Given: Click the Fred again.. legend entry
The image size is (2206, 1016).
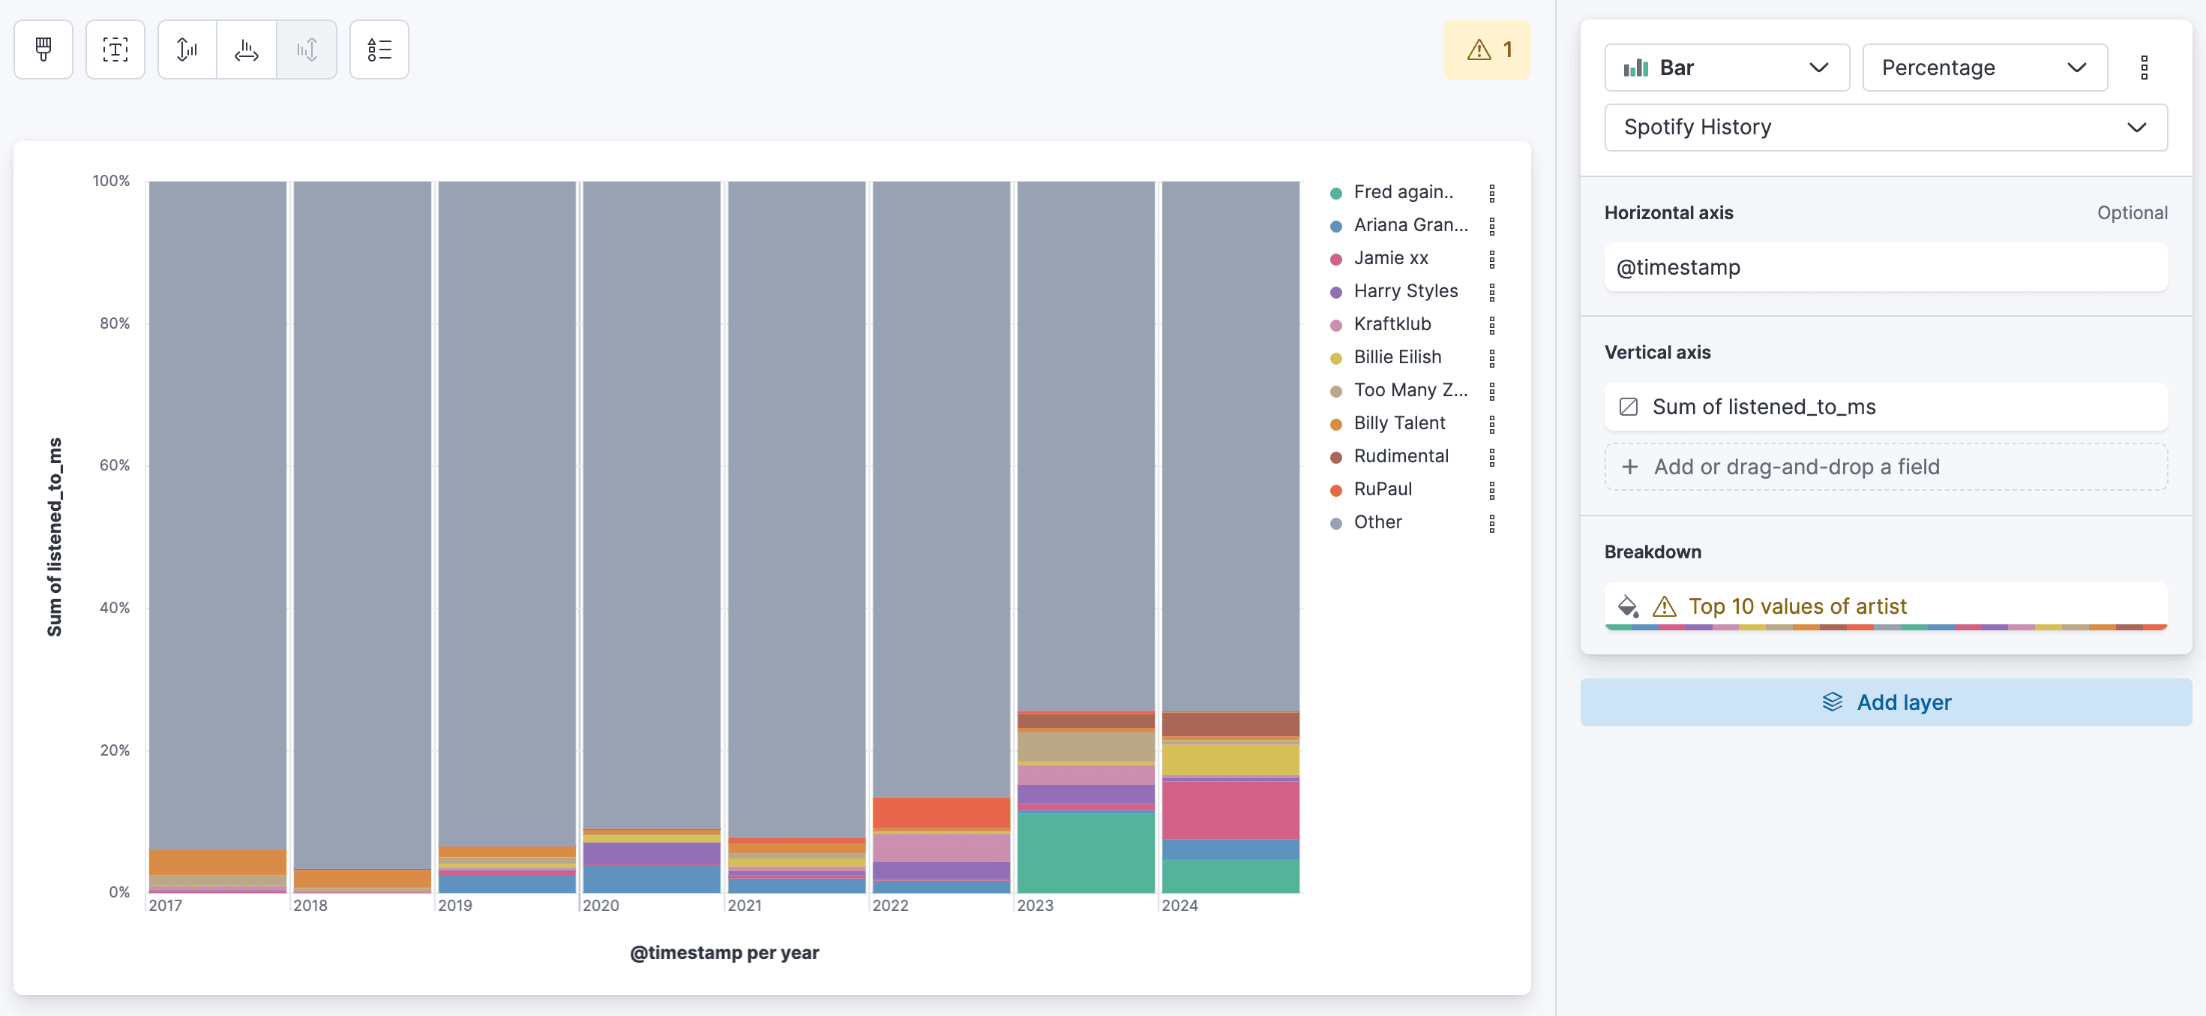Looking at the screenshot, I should click(x=1403, y=192).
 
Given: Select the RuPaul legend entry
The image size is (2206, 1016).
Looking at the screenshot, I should click(x=1382, y=489).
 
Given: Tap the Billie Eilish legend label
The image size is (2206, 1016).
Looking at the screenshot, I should click(x=1397, y=357).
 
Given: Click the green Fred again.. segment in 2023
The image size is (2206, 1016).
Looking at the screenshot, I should click(x=1085, y=852).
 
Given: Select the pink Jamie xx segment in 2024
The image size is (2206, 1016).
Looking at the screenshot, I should click(x=1230, y=810).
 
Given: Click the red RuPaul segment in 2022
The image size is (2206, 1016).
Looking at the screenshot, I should click(x=940, y=812).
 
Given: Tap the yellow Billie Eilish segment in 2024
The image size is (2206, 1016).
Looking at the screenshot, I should click(x=1230, y=759).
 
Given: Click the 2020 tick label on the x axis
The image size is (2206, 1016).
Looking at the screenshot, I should click(x=601, y=906).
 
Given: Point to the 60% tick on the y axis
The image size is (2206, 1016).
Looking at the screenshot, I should click(x=115, y=465).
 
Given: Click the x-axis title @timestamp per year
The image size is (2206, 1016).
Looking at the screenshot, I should click(x=724, y=953).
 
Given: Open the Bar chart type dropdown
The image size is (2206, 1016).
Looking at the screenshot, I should click(x=1725, y=68).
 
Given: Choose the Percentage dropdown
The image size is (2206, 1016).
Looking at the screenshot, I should click(x=1983, y=68).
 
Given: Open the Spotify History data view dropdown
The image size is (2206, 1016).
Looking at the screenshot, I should click(x=1885, y=128).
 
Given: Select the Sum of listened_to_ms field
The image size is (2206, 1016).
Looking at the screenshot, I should click(x=1764, y=407).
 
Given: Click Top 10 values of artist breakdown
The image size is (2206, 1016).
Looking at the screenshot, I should click(x=1797, y=606).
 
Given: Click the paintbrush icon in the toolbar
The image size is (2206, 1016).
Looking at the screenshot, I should click(x=43, y=50).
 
